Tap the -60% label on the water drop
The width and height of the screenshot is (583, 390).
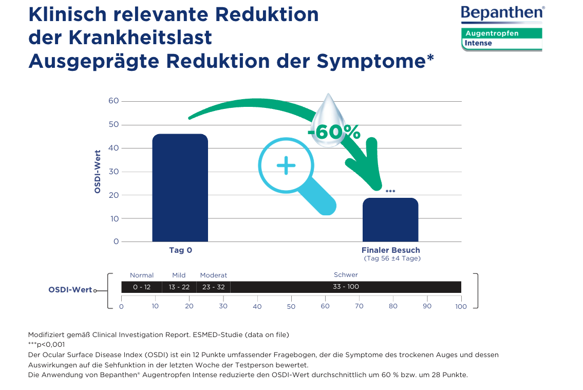[x=334, y=132]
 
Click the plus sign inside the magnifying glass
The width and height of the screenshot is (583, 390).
[x=286, y=165]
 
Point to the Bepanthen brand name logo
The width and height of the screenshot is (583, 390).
[x=502, y=13]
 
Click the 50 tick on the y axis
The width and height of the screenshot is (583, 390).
[x=114, y=125]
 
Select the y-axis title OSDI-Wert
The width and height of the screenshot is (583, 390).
[x=97, y=169]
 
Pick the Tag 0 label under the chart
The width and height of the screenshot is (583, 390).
[x=180, y=250]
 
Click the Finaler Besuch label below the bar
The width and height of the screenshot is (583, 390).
[x=390, y=250]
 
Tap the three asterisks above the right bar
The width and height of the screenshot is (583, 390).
[x=390, y=192]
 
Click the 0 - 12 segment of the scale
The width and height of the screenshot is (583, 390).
[x=142, y=287]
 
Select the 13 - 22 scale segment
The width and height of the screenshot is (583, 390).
[x=179, y=287]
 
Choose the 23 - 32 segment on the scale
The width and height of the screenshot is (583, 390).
[x=214, y=287]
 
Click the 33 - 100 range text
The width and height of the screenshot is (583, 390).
[x=346, y=287]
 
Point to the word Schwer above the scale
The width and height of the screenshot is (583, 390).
[x=346, y=275]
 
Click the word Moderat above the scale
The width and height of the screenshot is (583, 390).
[x=214, y=275]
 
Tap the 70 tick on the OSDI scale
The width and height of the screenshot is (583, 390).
[x=359, y=306]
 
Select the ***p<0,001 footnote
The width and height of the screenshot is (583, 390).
[x=47, y=345]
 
